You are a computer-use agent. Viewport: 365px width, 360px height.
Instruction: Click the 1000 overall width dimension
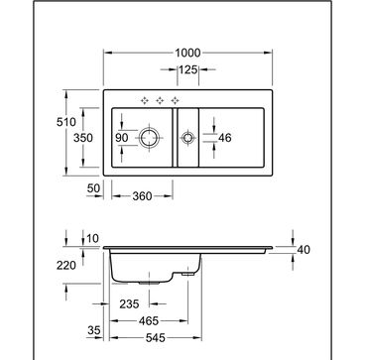point(187,53)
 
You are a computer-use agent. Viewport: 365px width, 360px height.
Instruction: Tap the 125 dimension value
point(187,69)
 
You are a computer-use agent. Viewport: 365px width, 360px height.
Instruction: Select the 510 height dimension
point(66,122)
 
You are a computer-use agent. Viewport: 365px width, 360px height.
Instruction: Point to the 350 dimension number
point(83,138)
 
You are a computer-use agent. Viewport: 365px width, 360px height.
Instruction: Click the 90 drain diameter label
point(122,138)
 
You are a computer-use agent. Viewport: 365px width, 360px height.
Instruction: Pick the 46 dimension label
point(225,138)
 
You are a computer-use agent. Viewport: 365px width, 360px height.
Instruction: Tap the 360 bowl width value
point(142,196)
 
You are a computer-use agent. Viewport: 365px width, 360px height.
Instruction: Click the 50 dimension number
point(93,188)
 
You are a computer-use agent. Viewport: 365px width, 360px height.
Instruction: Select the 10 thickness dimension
point(92,238)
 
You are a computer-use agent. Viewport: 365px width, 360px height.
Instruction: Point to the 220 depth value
point(66,265)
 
